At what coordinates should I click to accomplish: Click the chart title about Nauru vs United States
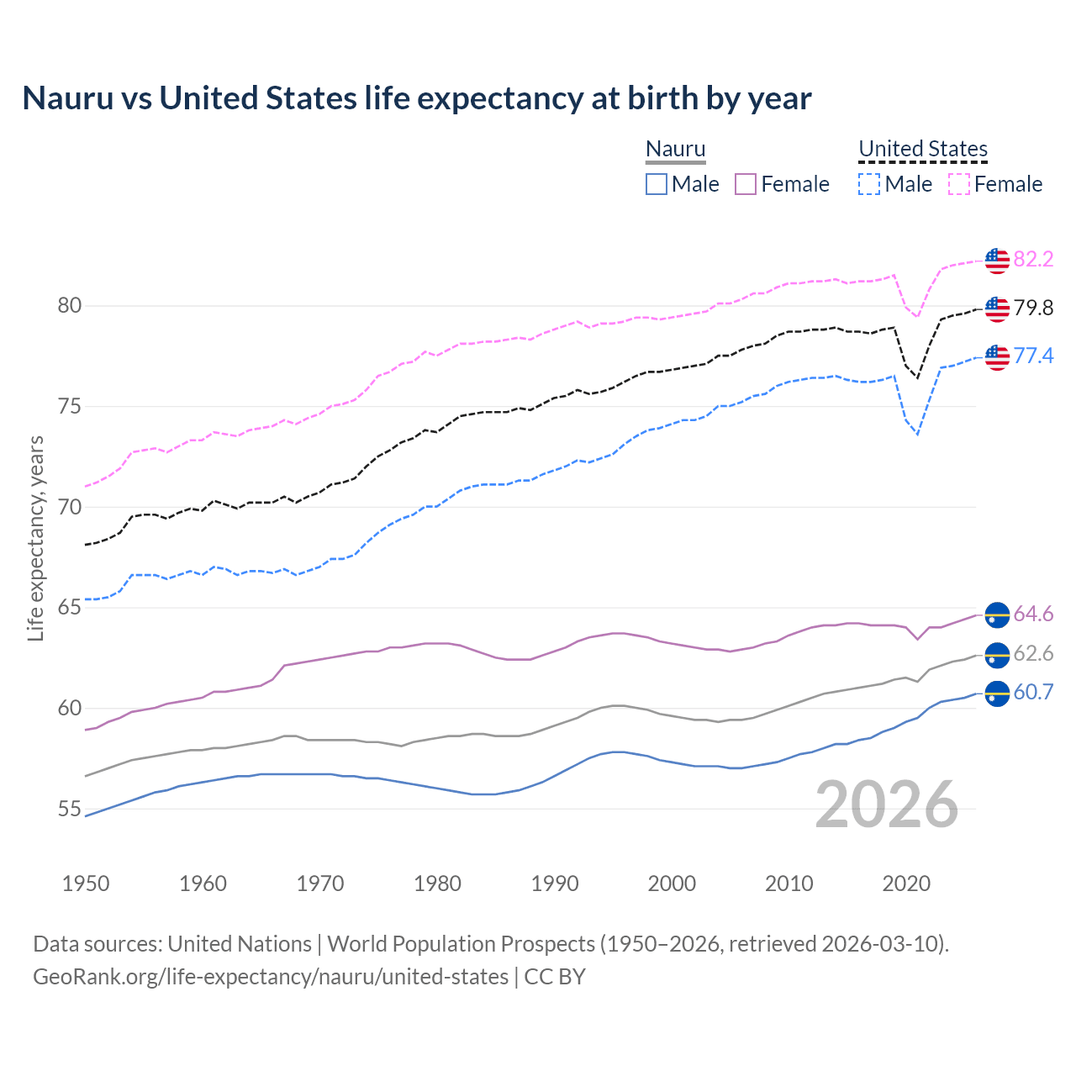click(417, 98)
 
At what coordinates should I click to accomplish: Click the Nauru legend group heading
click(675, 149)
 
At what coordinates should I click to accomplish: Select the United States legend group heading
click(922, 149)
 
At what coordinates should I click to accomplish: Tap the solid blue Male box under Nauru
click(657, 184)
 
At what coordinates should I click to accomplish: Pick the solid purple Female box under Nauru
click(746, 184)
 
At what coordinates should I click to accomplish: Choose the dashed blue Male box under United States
click(869, 184)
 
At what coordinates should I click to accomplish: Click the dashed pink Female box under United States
click(958, 184)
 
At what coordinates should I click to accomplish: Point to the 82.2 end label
click(1033, 259)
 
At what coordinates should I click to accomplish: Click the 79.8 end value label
click(1033, 308)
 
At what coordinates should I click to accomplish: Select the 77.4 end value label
click(1033, 356)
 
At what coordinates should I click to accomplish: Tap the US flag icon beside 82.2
click(997, 261)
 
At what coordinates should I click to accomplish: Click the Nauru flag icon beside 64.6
click(997, 614)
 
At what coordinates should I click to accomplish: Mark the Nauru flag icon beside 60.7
click(997, 694)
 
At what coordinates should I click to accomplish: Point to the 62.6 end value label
click(1033, 653)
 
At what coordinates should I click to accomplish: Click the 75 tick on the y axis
click(70, 407)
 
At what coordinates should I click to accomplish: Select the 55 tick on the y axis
click(70, 810)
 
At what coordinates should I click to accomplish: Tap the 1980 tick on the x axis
click(437, 883)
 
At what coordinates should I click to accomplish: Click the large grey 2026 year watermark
click(887, 804)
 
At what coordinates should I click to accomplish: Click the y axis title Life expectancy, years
click(36, 538)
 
